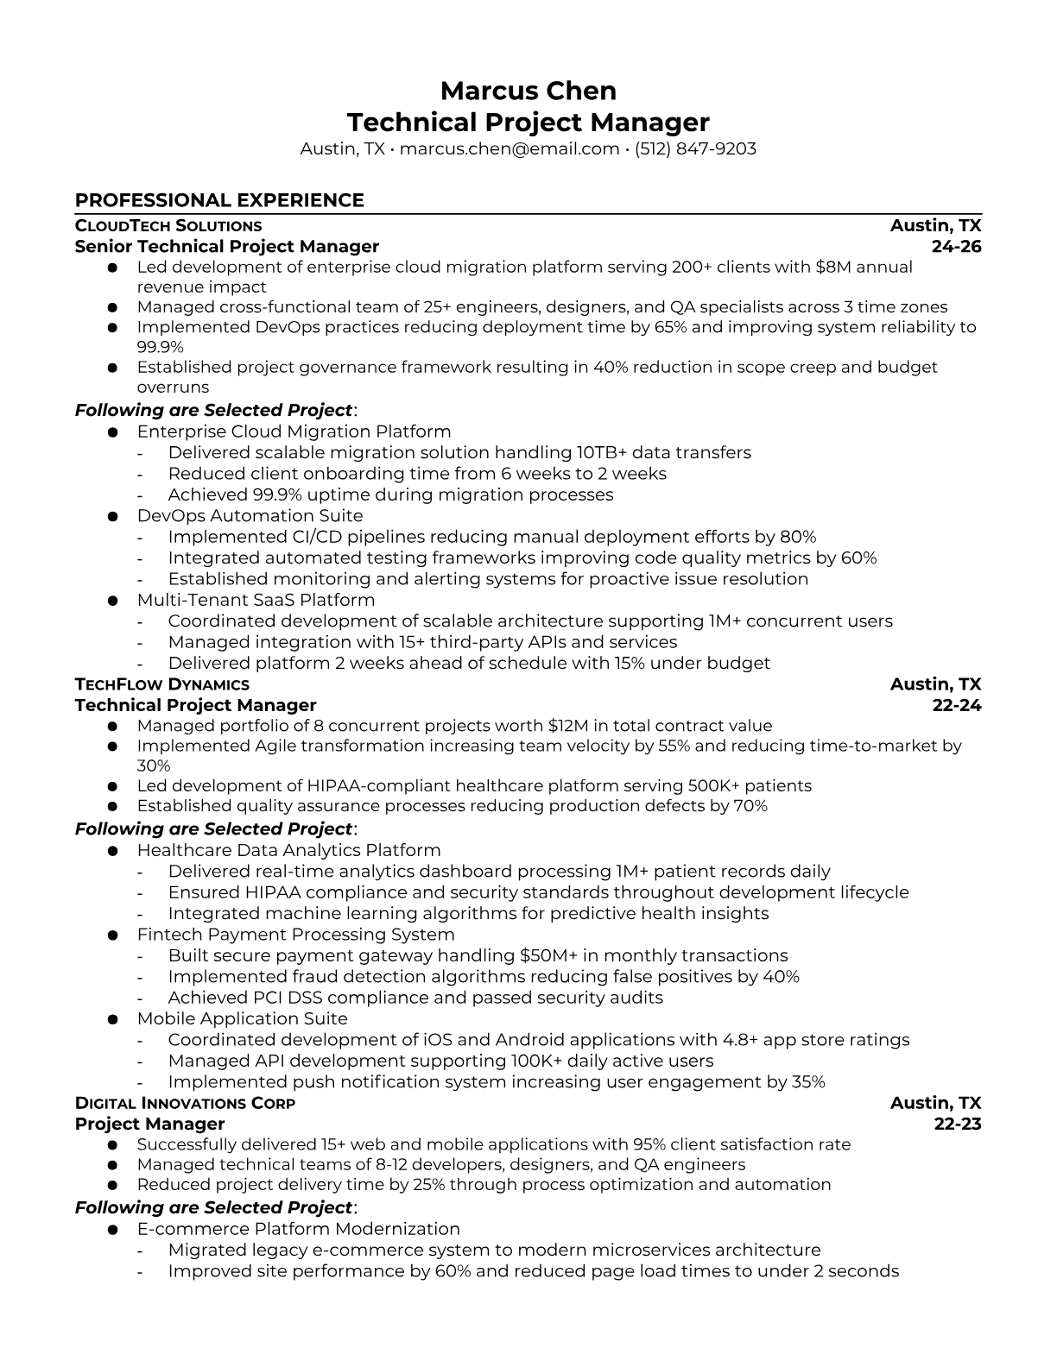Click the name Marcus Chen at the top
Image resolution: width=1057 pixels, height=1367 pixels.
[528, 91]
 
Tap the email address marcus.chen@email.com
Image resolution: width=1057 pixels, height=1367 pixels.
[510, 148]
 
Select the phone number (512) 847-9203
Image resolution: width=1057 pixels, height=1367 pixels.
[695, 148]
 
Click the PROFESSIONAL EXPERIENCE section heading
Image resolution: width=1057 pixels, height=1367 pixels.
[219, 200]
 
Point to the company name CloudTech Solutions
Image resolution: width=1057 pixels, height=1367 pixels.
[168, 226]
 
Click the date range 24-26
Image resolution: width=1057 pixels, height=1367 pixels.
[957, 247]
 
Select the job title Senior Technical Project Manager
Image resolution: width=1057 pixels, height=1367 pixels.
[227, 247]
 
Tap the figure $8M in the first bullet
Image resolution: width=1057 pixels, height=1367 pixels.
[832, 267]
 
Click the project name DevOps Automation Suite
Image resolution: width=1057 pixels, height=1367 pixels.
[250, 516]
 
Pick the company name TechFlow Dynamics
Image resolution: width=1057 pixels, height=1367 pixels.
[162, 684]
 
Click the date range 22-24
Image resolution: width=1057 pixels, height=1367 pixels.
[957, 705]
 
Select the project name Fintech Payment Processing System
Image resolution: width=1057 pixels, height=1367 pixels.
[295, 935]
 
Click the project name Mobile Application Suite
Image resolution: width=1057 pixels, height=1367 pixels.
[242, 1018]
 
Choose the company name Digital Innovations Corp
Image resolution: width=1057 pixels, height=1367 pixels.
[185, 1103]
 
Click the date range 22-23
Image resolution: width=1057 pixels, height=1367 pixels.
[958, 1124]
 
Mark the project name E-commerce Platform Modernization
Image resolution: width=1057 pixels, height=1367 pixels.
[298, 1229]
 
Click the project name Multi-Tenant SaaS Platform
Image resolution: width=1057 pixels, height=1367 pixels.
[256, 600]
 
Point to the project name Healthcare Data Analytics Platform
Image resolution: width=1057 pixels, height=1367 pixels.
[288, 851]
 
